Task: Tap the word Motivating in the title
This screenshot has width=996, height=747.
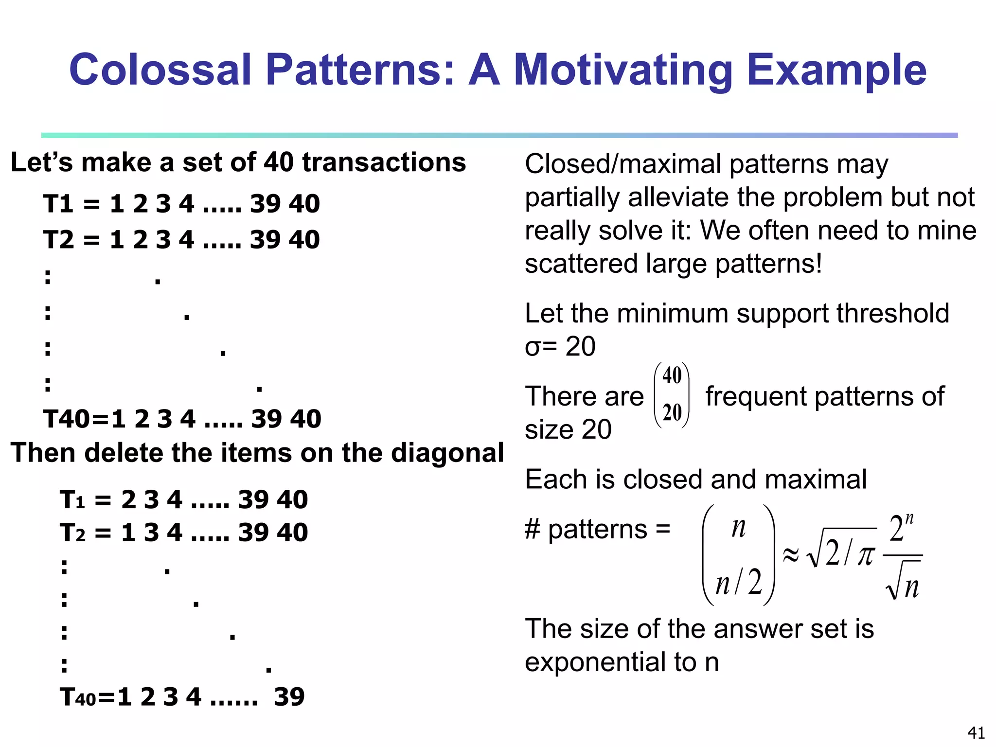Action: click(623, 71)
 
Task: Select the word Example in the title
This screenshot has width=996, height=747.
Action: click(836, 71)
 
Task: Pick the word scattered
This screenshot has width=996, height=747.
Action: click(581, 264)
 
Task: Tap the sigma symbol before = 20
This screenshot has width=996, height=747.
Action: click(533, 347)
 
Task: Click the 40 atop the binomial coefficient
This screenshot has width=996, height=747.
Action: click(672, 375)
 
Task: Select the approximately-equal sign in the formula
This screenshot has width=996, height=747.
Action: click(791, 555)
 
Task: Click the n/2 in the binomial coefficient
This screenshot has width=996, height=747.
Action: click(739, 582)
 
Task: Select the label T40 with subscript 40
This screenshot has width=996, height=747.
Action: click(78, 697)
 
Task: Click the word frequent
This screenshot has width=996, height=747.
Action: click(756, 396)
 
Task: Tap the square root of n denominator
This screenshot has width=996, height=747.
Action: click(904, 582)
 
